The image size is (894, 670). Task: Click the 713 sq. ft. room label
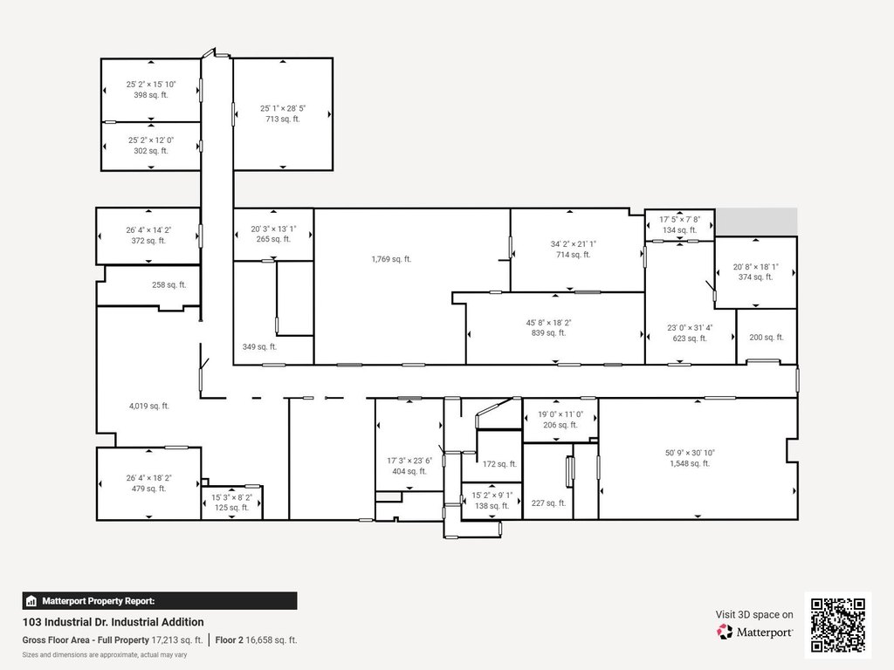(x=283, y=119)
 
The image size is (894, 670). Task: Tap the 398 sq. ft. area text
(x=151, y=95)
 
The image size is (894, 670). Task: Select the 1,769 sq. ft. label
(x=391, y=259)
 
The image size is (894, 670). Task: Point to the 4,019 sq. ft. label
(x=148, y=407)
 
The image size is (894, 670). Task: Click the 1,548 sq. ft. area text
(x=690, y=464)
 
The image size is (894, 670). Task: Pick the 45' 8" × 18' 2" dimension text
(x=548, y=323)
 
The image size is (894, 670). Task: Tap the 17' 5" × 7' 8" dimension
(x=679, y=219)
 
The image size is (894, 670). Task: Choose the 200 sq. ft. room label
(x=767, y=338)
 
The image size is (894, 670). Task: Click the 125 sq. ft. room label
(x=231, y=508)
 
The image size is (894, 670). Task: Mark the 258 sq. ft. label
(x=168, y=285)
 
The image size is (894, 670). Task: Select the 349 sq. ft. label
(x=259, y=346)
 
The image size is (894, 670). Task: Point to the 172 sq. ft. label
(x=499, y=464)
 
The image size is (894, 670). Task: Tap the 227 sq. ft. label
(x=548, y=503)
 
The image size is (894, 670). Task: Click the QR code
(x=838, y=625)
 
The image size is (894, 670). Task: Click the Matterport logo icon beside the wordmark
(x=725, y=632)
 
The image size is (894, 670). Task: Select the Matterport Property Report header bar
(x=160, y=601)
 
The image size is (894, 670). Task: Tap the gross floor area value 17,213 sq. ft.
(x=177, y=639)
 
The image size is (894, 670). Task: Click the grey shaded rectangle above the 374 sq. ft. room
(x=757, y=221)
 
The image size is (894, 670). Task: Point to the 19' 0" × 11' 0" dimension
(x=560, y=414)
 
